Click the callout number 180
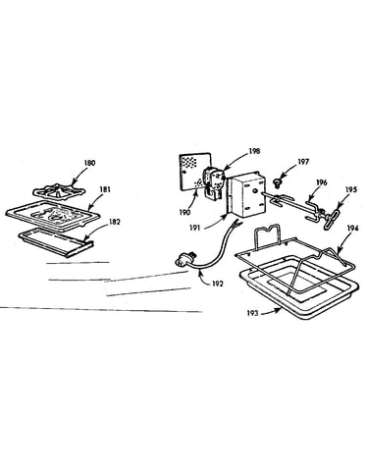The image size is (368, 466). [89, 163]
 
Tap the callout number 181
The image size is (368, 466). [105, 189]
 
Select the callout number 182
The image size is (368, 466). [115, 222]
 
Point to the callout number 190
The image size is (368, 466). [184, 213]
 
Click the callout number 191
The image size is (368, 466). [194, 229]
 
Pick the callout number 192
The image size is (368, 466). [217, 284]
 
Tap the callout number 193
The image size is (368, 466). [252, 313]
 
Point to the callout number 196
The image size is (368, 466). [322, 182]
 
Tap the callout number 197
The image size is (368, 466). [303, 162]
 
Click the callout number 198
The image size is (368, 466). [254, 151]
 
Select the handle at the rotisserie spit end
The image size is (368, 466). [331, 220]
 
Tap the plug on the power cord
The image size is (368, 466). [185, 260]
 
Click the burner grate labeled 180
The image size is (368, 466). [58, 191]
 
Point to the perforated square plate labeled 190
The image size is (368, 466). [195, 172]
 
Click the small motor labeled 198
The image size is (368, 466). [214, 182]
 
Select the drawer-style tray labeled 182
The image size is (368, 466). [56, 242]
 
